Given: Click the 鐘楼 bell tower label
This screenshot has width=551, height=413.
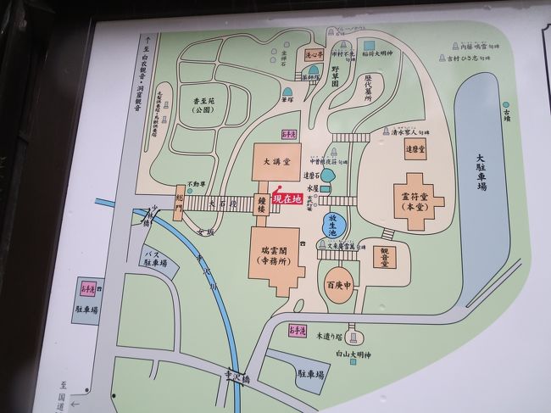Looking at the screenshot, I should click(x=263, y=205).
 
